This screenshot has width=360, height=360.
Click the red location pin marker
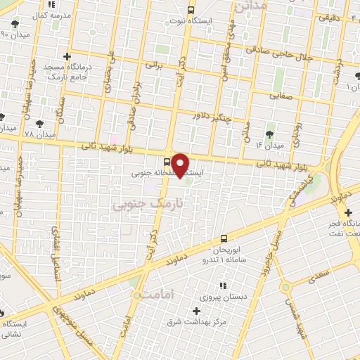[181, 165]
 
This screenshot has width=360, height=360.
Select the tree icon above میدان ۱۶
[271, 133]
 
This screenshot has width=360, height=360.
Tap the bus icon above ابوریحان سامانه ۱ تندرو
[224, 238]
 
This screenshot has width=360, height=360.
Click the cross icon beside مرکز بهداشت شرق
[196, 311]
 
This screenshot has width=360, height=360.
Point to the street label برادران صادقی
[132, 103]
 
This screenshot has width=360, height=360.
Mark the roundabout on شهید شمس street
[285, 287]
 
